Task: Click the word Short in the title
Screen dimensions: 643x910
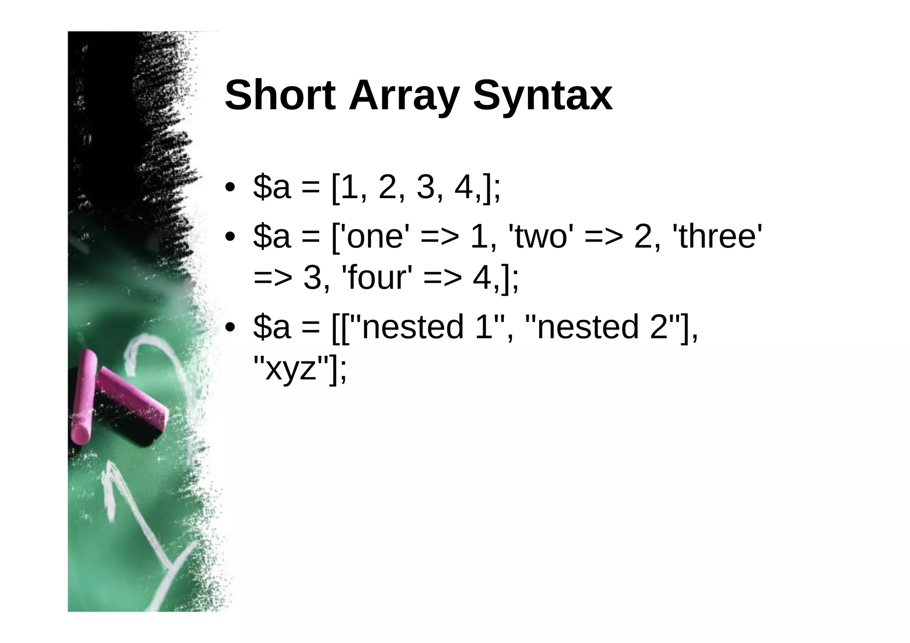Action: coord(280,95)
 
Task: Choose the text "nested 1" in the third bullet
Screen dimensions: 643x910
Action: coord(427,327)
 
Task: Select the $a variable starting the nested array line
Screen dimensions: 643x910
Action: coord(271,327)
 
